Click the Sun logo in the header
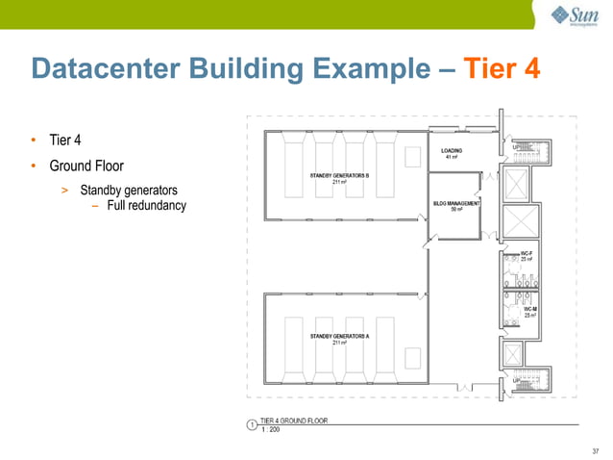(x=575, y=15)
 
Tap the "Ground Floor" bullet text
(x=86, y=166)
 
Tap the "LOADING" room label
(x=452, y=151)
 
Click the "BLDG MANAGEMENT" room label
(x=455, y=203)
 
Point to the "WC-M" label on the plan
(x=530, y=308)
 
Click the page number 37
(x=596, y=449)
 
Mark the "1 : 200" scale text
(x=273, y=429)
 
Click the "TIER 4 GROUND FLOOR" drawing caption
(x=294, y=421)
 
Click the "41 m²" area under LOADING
(x=452, y=158)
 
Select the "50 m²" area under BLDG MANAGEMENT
(x=455, y=210)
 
